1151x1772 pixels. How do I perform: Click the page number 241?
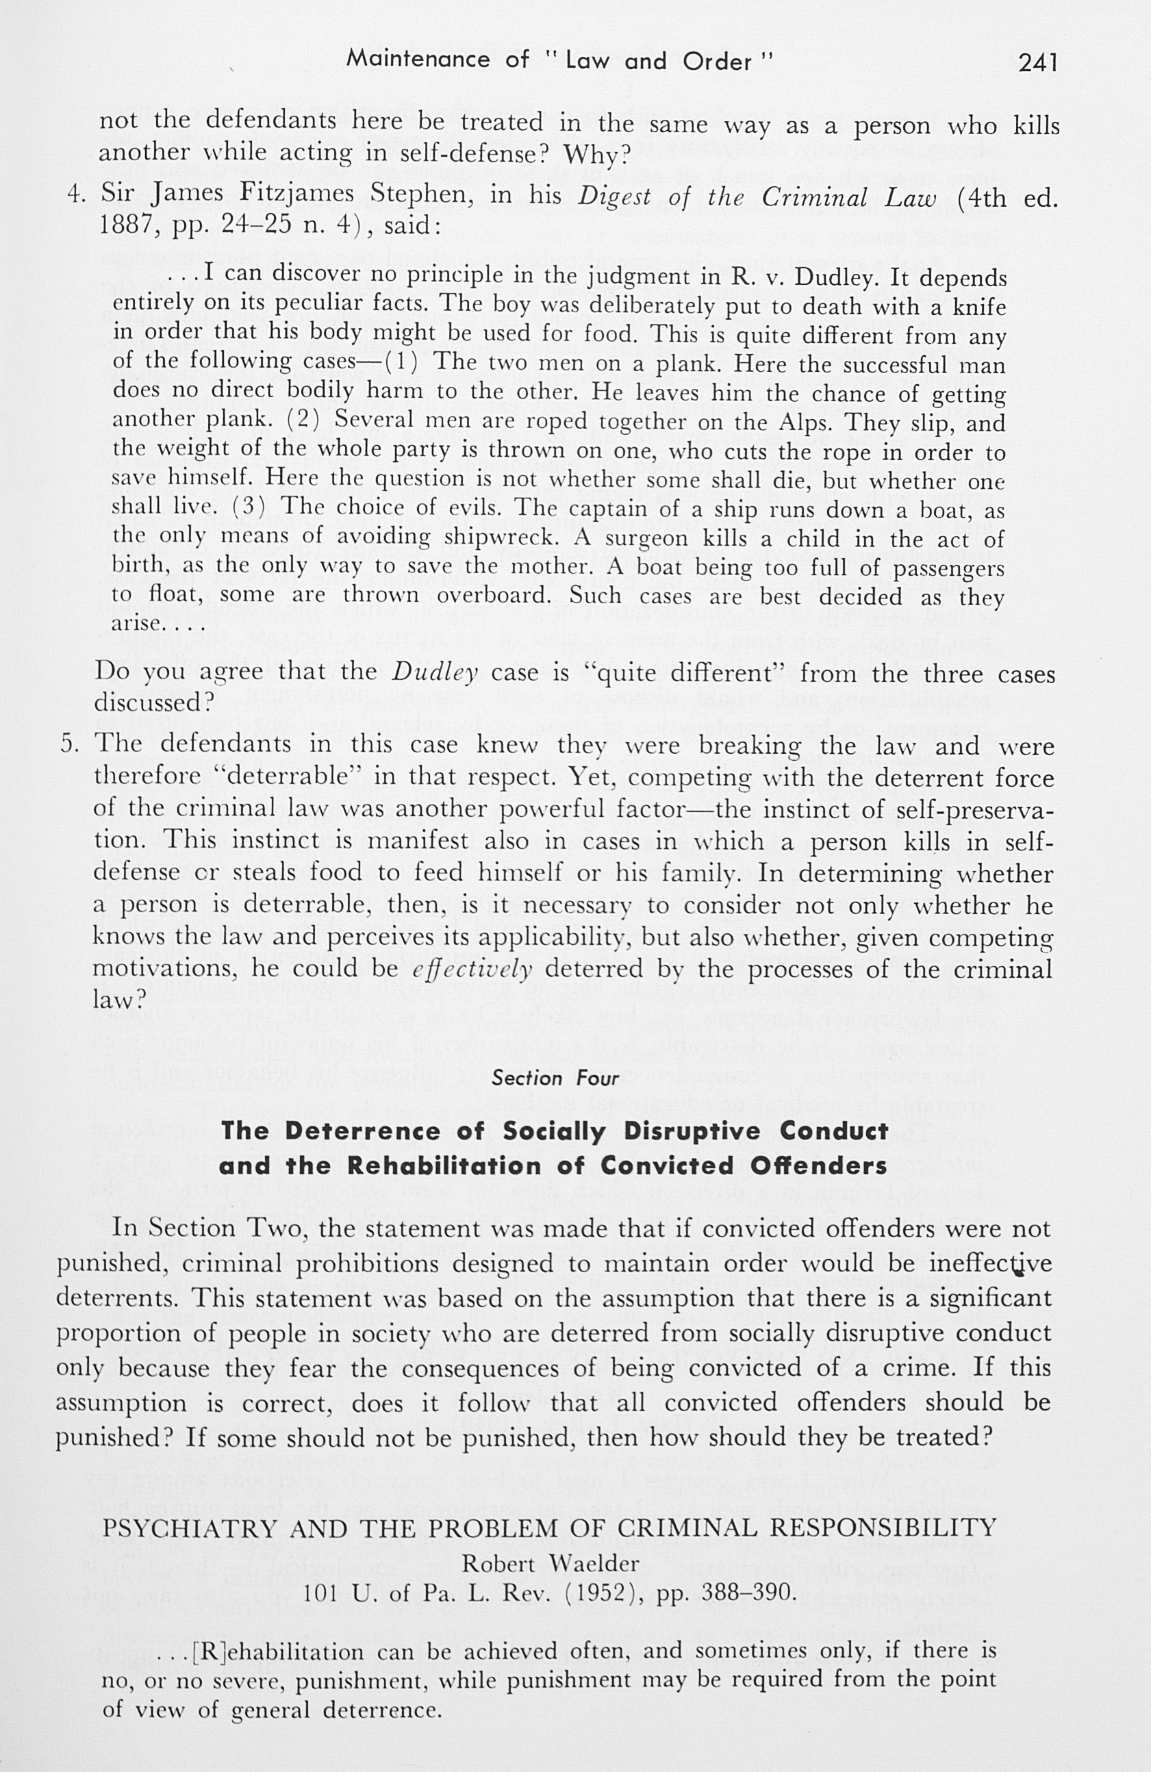coord(1038,62)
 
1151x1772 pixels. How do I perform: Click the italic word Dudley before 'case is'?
coord(435,673)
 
